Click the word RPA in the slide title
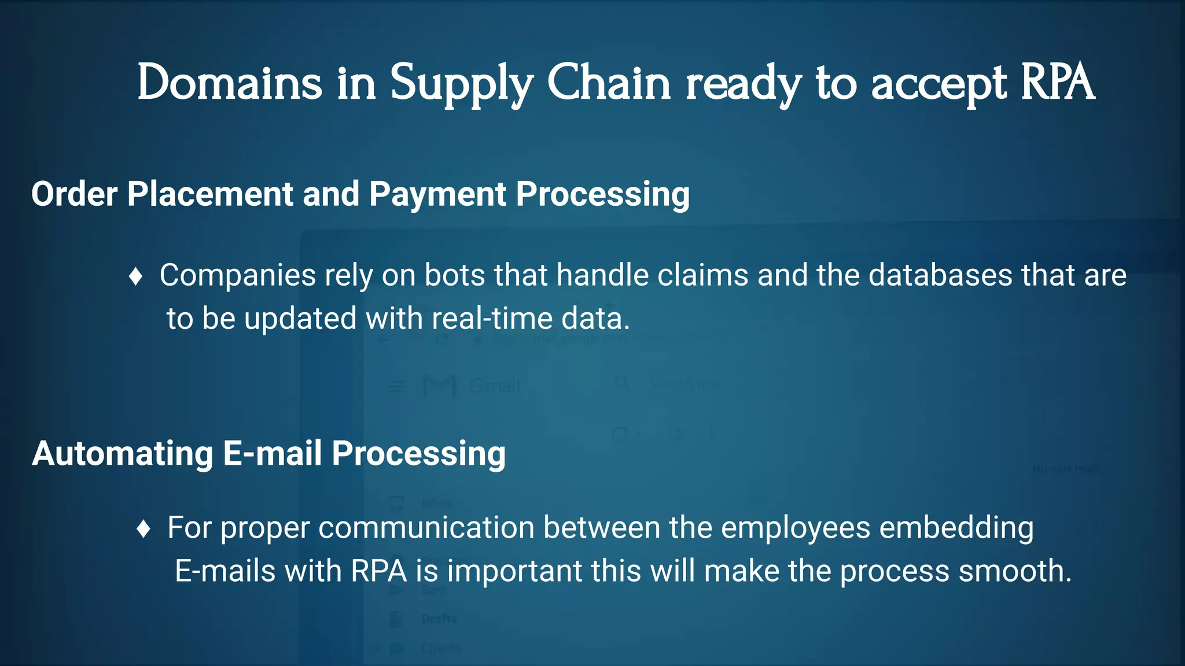tap(1057, 83)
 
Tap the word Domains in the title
tap(229, 83)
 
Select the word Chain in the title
tap(609, 83)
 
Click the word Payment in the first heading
tap(437, 194)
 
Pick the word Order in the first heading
tap(74, 194)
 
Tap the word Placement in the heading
tap(210, 194)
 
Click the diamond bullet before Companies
tap(136, 276)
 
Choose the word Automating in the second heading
tap(123, 453)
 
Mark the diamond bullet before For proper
tap(143, 528)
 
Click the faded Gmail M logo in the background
tap(440, 386)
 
